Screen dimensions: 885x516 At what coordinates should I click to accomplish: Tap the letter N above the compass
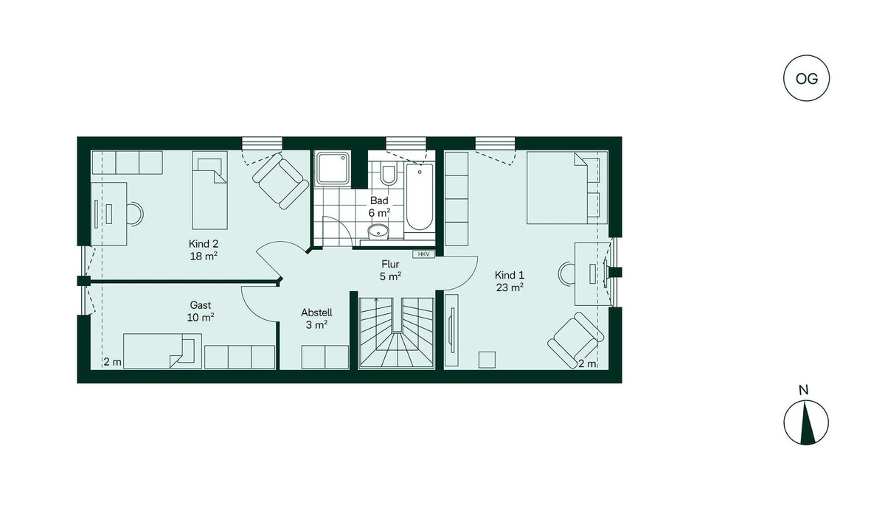click(803, 390)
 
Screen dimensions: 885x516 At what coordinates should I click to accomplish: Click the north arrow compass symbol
click(806, 422)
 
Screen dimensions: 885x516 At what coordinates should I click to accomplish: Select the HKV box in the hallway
click(423, 254)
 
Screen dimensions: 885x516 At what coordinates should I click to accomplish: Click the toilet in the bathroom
click(389, 174)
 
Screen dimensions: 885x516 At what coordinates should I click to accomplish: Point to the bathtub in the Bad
click(420, 197)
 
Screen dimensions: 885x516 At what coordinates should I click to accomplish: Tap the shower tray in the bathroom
click(333, 169)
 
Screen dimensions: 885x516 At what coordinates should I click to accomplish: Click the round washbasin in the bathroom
click(378, 231)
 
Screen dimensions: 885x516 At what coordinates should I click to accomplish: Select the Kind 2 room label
click(204, 249)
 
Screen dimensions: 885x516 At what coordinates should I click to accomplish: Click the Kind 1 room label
click(510, 281)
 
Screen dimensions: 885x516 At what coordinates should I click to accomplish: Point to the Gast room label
click(201, 311)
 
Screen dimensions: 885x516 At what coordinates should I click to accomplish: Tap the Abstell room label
click(316, 318)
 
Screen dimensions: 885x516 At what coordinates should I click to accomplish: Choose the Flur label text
click(390, 264)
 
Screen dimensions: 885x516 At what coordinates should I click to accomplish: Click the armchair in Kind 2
click(281, 181)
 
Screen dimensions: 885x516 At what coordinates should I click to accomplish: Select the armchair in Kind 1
click(576, 341)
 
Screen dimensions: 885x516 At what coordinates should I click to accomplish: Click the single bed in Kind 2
click(209, 190)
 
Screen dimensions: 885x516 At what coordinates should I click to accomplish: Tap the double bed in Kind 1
click(567, 187)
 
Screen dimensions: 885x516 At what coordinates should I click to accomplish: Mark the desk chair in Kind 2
click(136, 214)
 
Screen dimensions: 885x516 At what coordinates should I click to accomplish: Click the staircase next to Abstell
click(397, 333)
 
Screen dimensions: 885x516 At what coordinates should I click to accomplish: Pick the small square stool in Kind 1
click(487, 360)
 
